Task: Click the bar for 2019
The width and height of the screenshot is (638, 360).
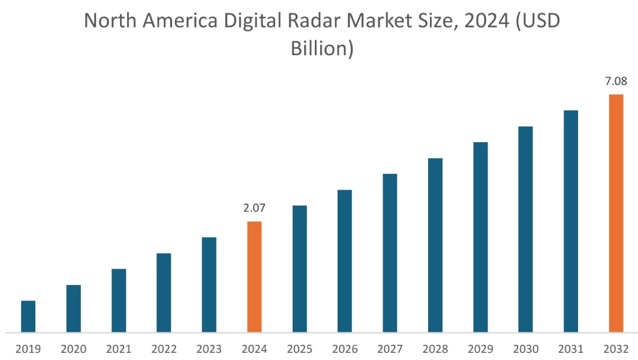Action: (x=28, y=316)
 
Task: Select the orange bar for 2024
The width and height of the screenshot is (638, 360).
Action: (x=254, y=277)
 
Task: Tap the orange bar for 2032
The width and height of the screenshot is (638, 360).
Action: (x=616, y=213)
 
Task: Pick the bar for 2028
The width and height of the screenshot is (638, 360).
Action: (x=435, y=245)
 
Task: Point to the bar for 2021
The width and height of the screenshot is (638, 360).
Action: (x=119, y=300)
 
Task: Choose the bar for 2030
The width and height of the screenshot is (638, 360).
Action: (x=525, y=229)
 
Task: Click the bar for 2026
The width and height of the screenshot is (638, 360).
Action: (x=345, y=260)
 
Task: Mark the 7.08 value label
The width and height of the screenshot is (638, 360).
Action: (x=616, y=81)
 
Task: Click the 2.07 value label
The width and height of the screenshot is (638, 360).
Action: (x=254, y=208)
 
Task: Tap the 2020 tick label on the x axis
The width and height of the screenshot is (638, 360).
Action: (x=73, y=349)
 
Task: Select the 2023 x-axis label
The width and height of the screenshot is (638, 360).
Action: (x=209, y=349)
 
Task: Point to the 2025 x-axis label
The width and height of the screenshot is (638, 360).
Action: (x=300, y=349)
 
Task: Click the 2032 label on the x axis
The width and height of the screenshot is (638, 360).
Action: (x=616, y=349)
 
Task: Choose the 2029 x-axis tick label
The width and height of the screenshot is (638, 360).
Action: (x=480, y=349)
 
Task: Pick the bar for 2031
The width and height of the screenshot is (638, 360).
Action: (x=571, y=221)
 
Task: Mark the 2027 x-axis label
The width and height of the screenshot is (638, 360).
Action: (x=390, y=349)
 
